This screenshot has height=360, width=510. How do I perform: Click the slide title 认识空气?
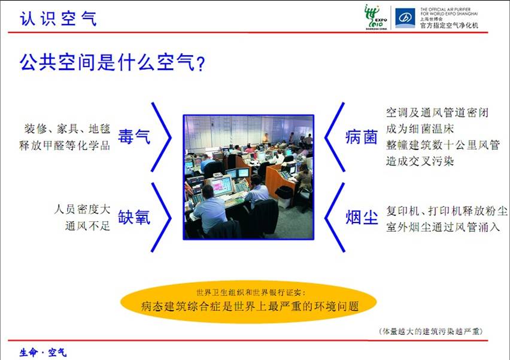58,18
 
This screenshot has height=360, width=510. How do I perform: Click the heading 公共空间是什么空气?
112,62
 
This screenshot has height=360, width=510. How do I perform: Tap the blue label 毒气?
134,136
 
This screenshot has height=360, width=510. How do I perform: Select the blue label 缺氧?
134,217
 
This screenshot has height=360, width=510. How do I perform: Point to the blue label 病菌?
362,136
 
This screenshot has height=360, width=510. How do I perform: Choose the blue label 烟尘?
362,217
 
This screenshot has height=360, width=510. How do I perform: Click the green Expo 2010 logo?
376,17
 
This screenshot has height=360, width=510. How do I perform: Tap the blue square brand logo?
405,18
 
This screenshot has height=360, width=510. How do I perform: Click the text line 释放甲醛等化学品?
65,145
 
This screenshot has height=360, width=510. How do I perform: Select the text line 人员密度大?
82,209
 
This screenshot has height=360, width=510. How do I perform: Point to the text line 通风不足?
87,225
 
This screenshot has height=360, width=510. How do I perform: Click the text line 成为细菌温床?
420,129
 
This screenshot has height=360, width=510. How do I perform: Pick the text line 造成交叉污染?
420,161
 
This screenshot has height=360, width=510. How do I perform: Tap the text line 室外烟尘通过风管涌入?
443,227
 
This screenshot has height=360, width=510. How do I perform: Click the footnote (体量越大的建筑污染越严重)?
430,331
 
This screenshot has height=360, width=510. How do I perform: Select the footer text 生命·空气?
43,352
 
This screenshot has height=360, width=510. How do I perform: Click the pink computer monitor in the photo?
222,185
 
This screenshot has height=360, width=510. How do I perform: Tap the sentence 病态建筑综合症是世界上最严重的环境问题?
250,306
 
